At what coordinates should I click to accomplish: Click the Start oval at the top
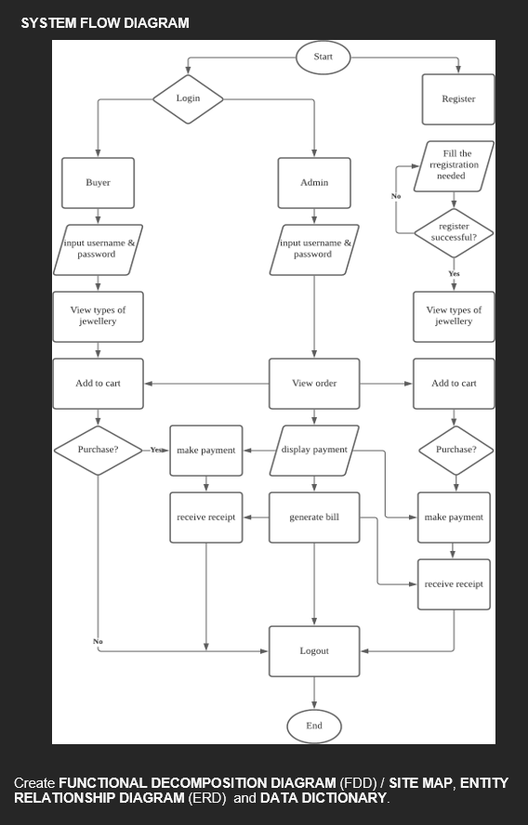point(323,57)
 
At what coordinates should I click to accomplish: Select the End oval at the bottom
point(314,726)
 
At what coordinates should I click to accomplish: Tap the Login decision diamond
point(188,98)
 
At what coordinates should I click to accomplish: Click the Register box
point(458,99)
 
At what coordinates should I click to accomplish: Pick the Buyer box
point(98,183)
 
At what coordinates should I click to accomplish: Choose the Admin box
point(314,183)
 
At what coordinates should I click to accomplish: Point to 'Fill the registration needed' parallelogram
point(454,165)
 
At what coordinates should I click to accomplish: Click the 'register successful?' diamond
point(454,231)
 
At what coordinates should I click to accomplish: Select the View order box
point(314,383)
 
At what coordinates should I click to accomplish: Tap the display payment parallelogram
point(314,450)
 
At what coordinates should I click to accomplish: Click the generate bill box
point(314,517)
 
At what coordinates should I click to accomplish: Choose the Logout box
point(314,651)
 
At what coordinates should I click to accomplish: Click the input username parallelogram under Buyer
point(98,249)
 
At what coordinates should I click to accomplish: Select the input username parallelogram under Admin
point(314,249)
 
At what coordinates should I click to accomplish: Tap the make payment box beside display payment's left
point(205,451)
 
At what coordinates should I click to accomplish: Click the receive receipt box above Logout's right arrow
point(454,584)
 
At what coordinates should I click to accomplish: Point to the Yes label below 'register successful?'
point(454,274)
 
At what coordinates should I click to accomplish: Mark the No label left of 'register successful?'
point(396,197)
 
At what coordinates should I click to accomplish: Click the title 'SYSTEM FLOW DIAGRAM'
point(105,22)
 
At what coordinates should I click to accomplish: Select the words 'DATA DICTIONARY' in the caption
point(323,798)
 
